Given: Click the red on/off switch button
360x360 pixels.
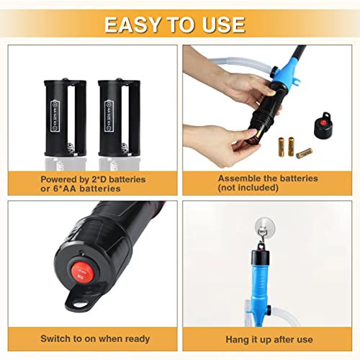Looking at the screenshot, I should (x=78, y=273).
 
